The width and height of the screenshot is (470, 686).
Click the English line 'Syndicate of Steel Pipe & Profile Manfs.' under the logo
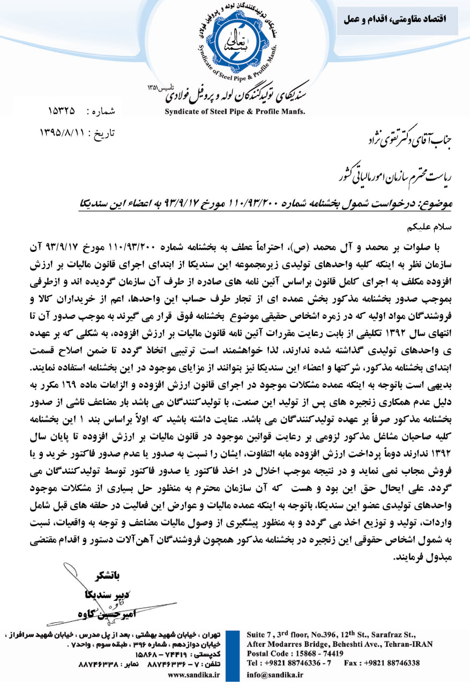pyautogui.click(x=235, y=111)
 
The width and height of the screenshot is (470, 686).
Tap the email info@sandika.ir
pyautogui.click(x=275, y=674)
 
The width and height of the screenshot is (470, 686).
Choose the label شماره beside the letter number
pyautogui.click(x=103, y=112)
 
